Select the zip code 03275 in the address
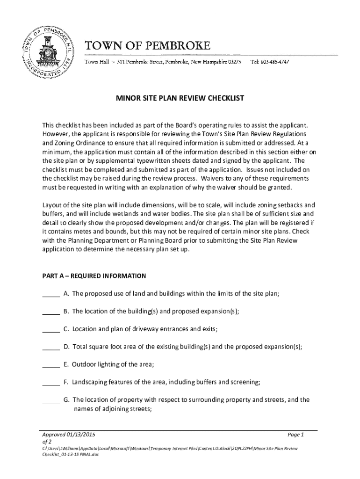[x=234, y=62]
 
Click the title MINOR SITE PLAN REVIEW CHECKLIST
[x=180, y=99]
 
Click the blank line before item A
[x=50, y=295]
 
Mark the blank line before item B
[x=50, y=312]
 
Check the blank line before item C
[x=50, y=330]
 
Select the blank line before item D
[x=50, y=348]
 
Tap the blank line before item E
[x=50, y=365]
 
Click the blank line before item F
[x=50, y=383]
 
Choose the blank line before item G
[x=50, y=400]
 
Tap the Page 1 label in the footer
[x=296, y=435]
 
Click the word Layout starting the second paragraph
[x=52, y=205]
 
